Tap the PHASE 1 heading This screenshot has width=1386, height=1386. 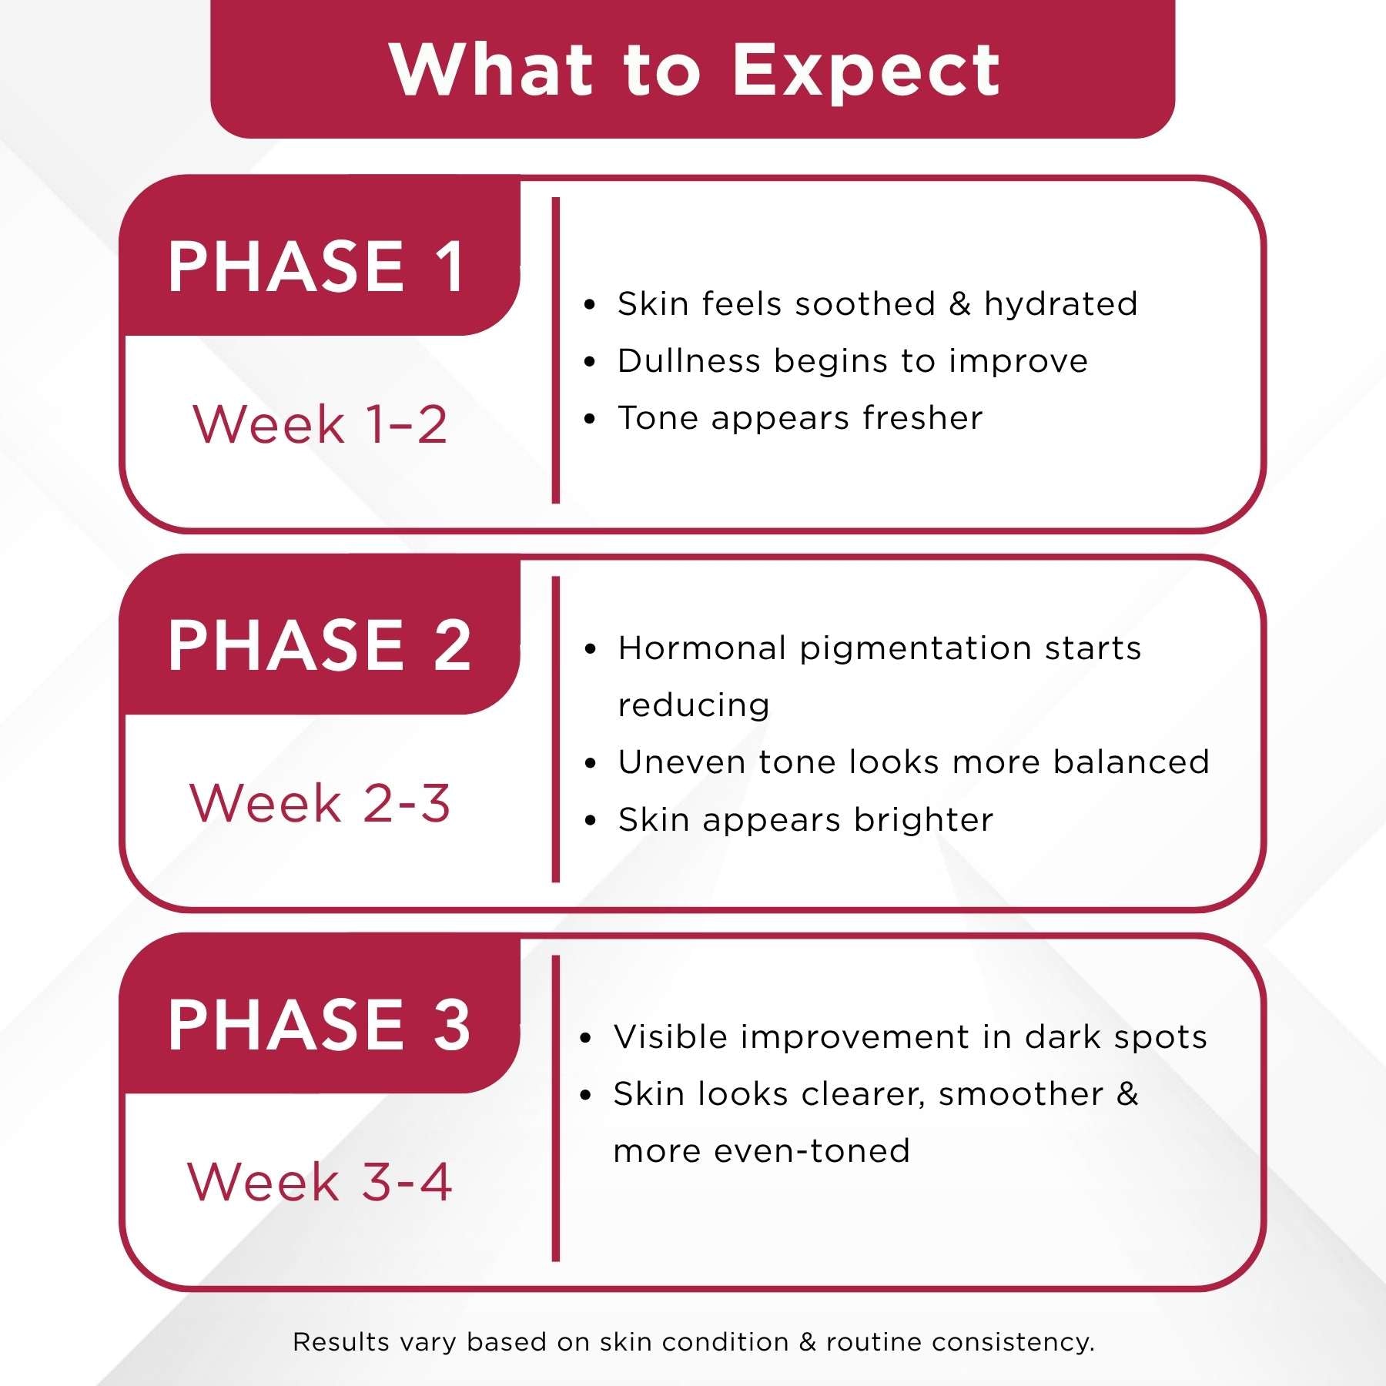click(x=316, y=266)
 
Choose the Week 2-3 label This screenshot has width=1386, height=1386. click(x=320, y=802)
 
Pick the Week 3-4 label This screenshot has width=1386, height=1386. click(x=320, y=1181)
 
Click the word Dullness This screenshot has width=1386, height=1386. click(x=691, y=360)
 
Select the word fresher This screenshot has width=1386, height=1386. click(x=922, y=417)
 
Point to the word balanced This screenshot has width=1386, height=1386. click(x=1131, y=762)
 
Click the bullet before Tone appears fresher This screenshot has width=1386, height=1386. click(x=590, y=419)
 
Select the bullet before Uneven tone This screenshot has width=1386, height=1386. click(x=591, y=764)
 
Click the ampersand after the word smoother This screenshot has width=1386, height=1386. click(x=1127, y=1094)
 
